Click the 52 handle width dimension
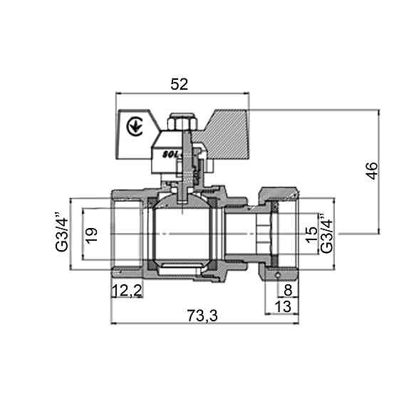pyautogui.click(x=179, y=84)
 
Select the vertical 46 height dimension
pyautogui.click(x=370, y=171)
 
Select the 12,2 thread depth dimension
pyautogui.click(x=127, y=290)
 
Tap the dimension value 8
pyautogui.click(x=286, y=290)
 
